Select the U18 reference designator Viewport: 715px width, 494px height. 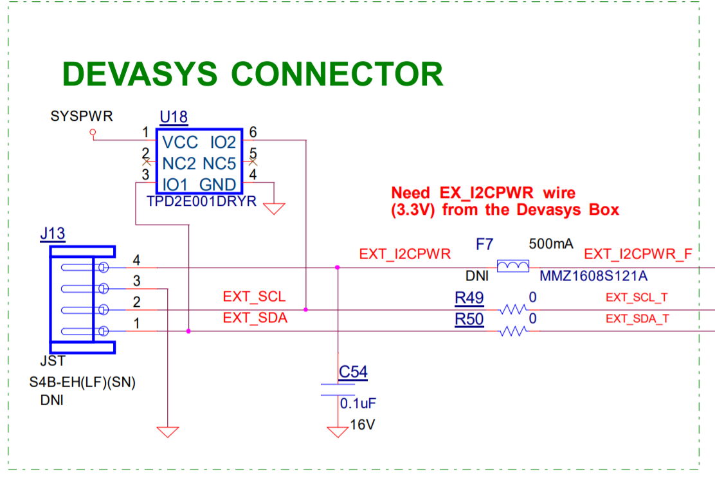174,117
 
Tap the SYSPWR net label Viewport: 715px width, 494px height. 82,116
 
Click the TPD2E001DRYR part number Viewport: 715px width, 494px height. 201,201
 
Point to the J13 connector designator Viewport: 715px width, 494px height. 53,233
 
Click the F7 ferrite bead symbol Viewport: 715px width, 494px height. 514,266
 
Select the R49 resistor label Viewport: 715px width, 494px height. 469,298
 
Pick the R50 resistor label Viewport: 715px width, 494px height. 469,319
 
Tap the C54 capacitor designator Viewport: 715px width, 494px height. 353,372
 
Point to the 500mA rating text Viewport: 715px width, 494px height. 551,244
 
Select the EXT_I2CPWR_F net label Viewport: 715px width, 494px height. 638,254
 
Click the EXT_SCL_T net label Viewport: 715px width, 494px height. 637,297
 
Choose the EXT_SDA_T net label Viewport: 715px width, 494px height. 637,319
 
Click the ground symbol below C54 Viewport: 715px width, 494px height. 337,432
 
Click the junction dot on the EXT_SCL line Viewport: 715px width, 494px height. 305,309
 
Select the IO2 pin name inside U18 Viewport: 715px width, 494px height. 223,142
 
